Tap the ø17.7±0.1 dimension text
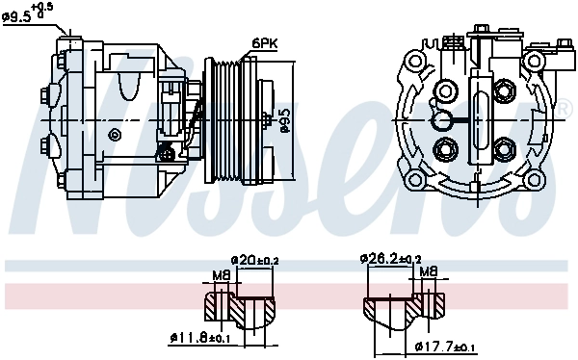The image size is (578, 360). point(446,347)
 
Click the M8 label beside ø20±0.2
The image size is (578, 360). point(221,276)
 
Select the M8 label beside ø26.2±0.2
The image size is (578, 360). point(429,272)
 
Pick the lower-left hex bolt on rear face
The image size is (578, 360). point(445,149)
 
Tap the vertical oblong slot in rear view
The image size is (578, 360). point(476,120)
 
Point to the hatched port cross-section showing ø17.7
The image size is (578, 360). point(405,310)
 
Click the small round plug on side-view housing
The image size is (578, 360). point(170,152)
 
